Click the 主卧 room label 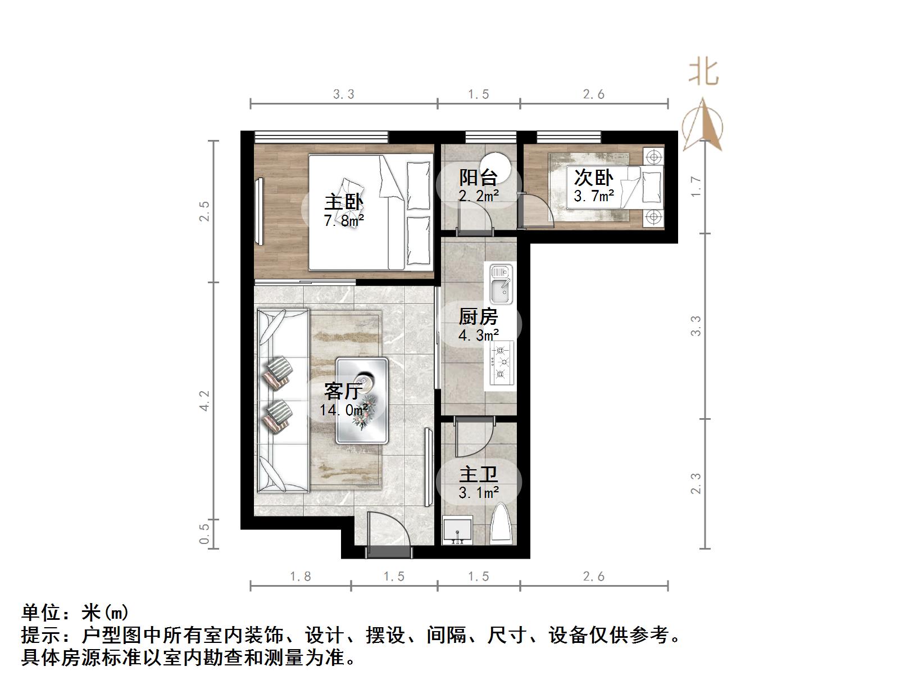coord(344,202)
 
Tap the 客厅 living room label coord(343,391)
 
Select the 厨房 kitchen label coord(478,317)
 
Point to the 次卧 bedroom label coord(593,178)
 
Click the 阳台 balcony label coord(478,178)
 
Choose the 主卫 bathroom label coord(478,475)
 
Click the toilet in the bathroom coord(501,524)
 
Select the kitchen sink coord(501,284)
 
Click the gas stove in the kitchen coord(502,363)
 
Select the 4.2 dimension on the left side coord(204,401)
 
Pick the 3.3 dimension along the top coord(344,94)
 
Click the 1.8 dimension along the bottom coord(301,577)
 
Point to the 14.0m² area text coord(344,410)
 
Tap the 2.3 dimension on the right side coord(696,483)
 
